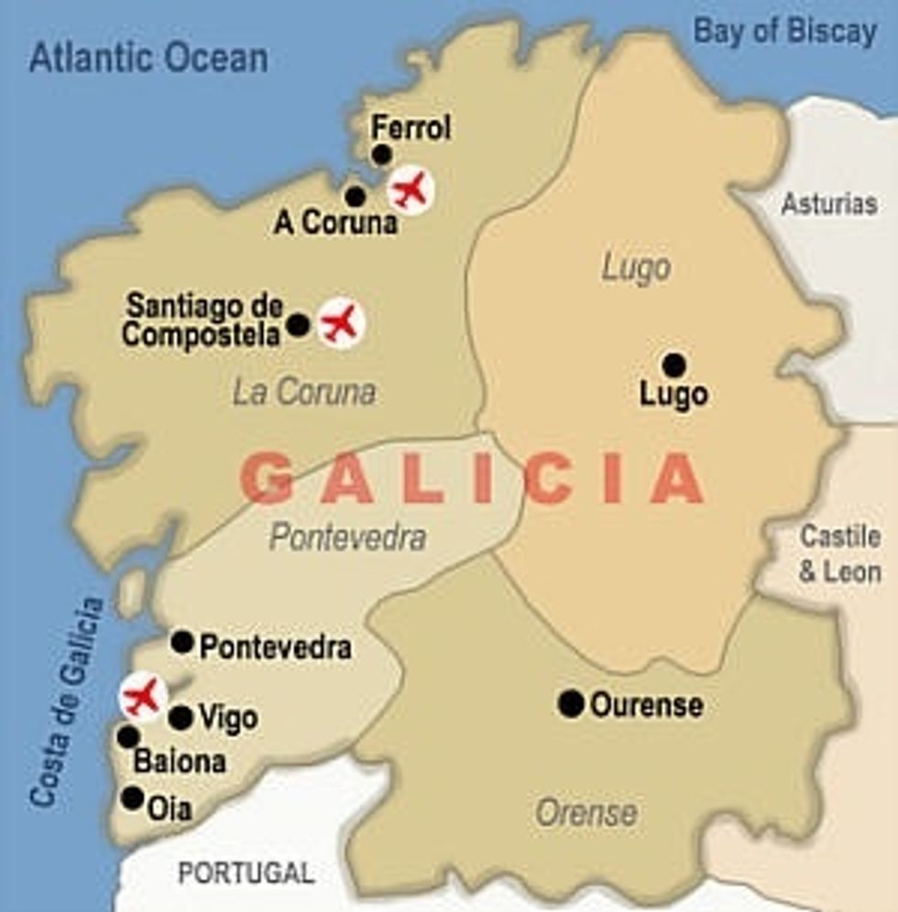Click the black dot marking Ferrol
point(382,155)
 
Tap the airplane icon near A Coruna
point(410,190)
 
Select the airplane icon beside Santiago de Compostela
point(341,322)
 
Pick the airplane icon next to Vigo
point(143,696)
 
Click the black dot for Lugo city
point(673,365)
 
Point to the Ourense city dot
point(571,703)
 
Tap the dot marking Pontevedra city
point(182,642)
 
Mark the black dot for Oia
point(133,798)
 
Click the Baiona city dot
point(128,736)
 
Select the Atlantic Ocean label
point(148,59)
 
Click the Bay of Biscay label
point(784,32)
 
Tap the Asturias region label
point(828,204)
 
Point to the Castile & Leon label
point(839,554)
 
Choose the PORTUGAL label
point(246,873)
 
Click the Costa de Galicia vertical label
point(68,703)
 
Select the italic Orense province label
point(586,812)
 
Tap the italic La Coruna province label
point(304,393)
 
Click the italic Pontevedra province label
point(347,537)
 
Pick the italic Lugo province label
point(636,268)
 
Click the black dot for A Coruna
point(356,196)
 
